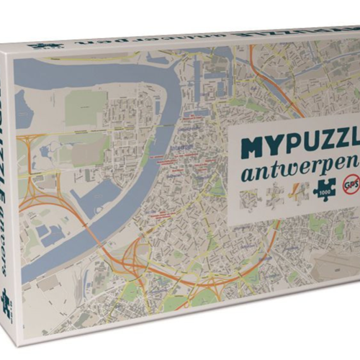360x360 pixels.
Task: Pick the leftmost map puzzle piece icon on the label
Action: (x=249, y=197)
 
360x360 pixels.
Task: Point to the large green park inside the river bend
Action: (x=86, y=105)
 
